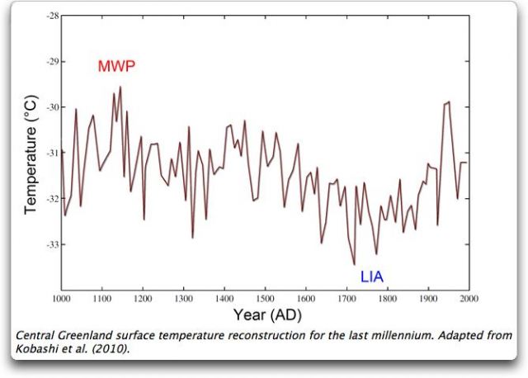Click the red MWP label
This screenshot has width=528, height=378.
pos(115,66)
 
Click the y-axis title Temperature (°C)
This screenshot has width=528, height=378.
pos(31,154)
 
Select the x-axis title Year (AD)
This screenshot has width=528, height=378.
pos(266,314)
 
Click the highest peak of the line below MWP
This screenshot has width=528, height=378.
pos(120,87)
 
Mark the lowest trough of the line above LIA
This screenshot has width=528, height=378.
pos(355,264)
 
